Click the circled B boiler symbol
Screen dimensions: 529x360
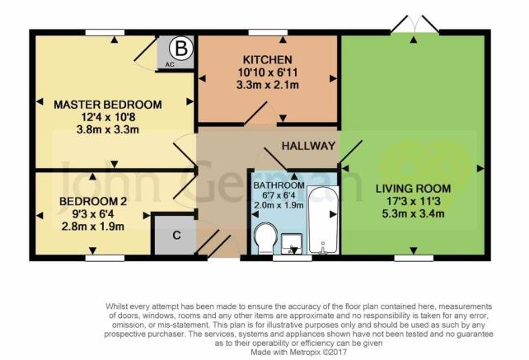coord(181,49)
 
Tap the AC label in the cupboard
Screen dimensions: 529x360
coord(170,64)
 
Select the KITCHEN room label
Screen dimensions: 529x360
coord(268,59)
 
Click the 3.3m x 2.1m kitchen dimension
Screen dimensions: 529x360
coord(268,85)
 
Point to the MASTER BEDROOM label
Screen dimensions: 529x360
coord(108,105)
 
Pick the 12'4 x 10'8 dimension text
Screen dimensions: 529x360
coord(108,117)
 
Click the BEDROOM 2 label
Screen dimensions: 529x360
coord(93,202)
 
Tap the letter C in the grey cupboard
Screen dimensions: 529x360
coord(176,235)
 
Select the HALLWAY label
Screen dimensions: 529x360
coord(308,146)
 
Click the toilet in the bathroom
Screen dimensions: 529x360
coord(266,238)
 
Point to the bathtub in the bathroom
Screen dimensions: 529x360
coord(323,220)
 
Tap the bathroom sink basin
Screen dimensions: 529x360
coord(292,244)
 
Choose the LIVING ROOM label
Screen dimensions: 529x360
coord(414,189)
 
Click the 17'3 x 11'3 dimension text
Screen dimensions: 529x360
coord(414,202)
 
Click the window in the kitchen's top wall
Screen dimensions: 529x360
coord(268,32)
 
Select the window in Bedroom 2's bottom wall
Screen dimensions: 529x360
coord(105,258)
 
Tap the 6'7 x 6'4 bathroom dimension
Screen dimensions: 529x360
coord(279,195)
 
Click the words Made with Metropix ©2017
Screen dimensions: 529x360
coord(298,353)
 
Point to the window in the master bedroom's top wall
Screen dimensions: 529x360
coord(105,32)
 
